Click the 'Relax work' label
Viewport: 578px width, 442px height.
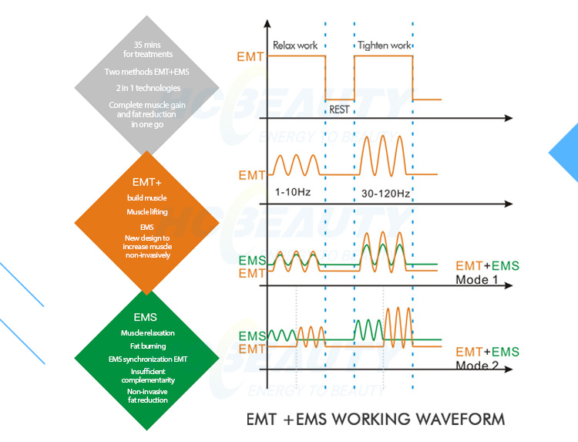295,46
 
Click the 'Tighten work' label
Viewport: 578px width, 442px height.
384,46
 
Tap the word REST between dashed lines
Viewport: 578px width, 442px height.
339,110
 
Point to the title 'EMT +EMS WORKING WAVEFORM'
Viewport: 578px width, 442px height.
375,420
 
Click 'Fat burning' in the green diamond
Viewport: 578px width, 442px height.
147,346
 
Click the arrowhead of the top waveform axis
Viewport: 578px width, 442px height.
508,118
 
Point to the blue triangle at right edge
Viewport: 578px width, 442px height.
566,153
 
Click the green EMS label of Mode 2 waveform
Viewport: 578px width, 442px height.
252,336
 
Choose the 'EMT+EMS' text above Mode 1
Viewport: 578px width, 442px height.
487,266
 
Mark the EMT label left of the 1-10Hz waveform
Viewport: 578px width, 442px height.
252,175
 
